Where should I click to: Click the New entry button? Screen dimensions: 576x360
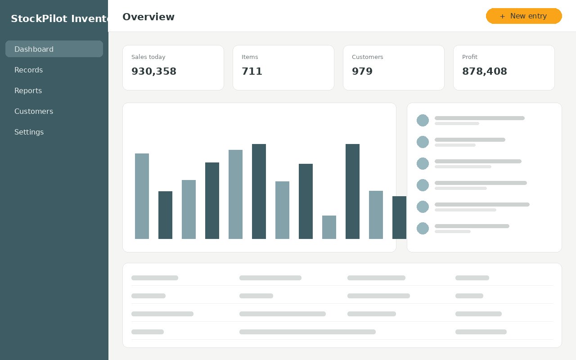click(x=524, y=16)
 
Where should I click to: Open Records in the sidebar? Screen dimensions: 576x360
click(x=28, y=70)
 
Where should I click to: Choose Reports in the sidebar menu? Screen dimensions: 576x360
click(x=28, y=90)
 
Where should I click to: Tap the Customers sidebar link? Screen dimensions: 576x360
click(x=34, y=111)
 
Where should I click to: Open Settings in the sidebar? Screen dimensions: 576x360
click(x=29, y=132)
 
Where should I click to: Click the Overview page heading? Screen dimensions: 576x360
click(x=148, y=17)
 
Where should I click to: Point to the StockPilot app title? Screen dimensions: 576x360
click(x=59, y=18)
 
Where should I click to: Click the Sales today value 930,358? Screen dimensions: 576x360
click(x=154, y=71)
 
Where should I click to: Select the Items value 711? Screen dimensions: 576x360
click(x=252, y=71)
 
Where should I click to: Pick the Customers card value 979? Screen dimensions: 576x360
click(x=362, y=71)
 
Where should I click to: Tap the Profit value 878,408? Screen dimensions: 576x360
click(x=485, y=71)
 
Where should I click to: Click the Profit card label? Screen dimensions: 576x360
click(x=469, y=57)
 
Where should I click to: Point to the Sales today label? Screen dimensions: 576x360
click(x=148, y=57)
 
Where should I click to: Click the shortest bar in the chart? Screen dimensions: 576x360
click(x=329, y=227)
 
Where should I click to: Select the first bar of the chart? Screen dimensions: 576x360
click(x=142, y=196)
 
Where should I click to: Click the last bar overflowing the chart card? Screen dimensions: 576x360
click(x=399, y=217)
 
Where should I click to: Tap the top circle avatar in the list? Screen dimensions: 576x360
click(x=423, y=120)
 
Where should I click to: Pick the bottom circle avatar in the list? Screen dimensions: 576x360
click(x=423, y=228)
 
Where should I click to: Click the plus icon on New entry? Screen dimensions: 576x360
click(x=503, y=16)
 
